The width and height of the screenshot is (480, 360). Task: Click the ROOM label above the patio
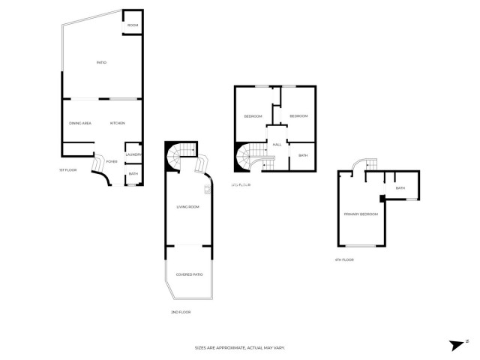(x=133, y=25)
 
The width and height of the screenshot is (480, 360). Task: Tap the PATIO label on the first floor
(x=100, y=62)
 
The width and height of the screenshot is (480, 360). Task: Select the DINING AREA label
(x=80, y=123)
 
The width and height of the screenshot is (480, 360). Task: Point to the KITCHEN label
(x=117, y=123)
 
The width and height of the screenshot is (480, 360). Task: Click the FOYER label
(x=111, y=161)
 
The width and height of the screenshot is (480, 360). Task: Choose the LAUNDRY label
(x=133, y=155)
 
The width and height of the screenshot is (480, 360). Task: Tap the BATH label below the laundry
(x=133, y=174)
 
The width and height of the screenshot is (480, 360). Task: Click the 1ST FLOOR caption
(x=68, y=170)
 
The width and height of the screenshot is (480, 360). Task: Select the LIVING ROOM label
(x=187, y=207)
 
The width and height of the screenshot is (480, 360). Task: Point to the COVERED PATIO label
(x=189, y=274)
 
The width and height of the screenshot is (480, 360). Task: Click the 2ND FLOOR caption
(x=181, y=311)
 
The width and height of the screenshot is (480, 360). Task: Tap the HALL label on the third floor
(x=277, y=144)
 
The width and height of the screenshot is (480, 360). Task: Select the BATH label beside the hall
(x=303, y=155)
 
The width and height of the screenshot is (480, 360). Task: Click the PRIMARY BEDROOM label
(x=361, y=214)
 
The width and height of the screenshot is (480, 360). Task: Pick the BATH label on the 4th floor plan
(x=400, y=188)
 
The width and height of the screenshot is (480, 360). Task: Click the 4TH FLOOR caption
(x=343, y=259)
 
